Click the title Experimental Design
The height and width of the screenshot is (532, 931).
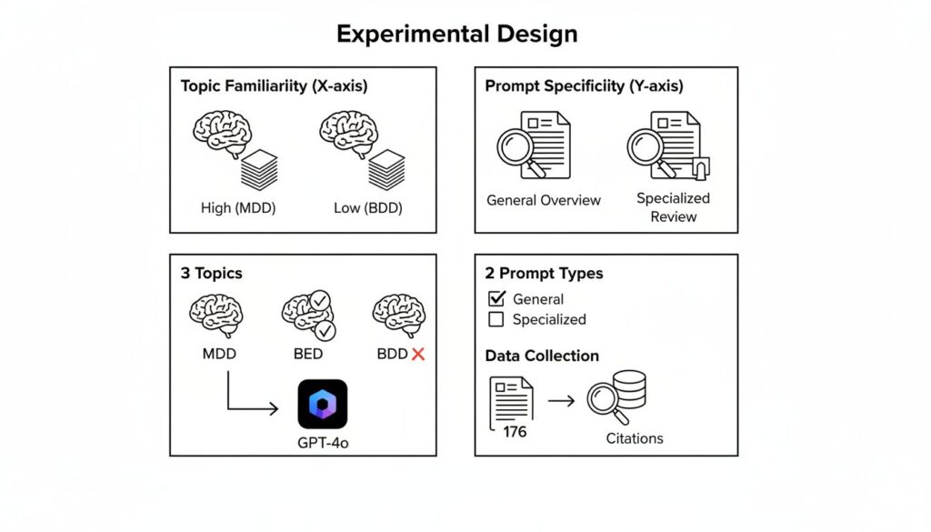[x=456, y=35]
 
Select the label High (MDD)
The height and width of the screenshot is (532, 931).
[x=238, y=207]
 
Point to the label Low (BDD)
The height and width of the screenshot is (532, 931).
[x=367, y=207]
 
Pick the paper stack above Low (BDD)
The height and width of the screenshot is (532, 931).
[x=386, y=168]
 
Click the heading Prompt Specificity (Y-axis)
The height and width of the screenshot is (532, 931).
[x=584, y=86]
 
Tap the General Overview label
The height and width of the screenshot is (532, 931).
[x=544, y=200]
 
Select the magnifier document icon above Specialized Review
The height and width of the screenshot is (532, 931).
[x=666, y=146]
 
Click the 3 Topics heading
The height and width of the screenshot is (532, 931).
[x=212, y=273]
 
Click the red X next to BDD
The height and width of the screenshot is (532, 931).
[x=418, y=354]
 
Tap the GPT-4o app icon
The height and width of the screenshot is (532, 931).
[x=323, y=404]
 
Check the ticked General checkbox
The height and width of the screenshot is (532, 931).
[x=496, y=298]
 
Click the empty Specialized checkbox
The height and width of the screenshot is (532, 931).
[x=496, y=319]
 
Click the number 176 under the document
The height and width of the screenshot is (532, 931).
[x=515, y=431]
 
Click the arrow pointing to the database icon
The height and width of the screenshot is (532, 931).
[x=561, y=400]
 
